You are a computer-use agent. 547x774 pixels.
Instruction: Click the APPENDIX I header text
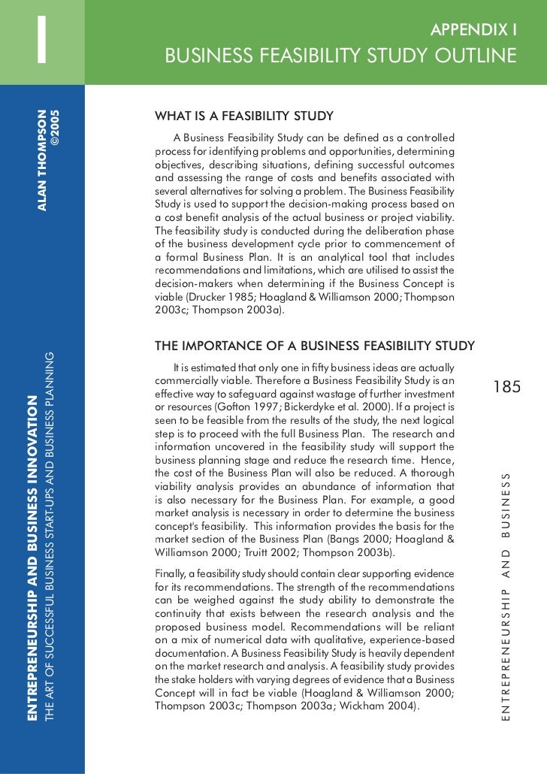[473, 30]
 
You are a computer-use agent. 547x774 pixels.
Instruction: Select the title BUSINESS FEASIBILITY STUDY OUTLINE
[341, 57]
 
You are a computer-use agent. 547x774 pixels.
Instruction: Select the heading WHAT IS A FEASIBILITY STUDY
[244, 116]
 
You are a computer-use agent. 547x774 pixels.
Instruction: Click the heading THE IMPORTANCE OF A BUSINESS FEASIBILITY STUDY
[314, 346]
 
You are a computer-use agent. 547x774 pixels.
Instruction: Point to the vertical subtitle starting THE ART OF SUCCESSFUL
[50, 537]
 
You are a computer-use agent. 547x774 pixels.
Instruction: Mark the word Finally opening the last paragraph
[171, 574]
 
